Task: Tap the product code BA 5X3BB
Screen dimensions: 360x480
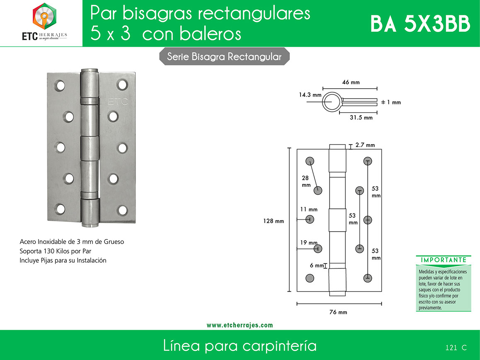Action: (x=420, y=24)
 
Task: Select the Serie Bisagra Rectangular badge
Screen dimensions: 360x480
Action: (x=224, y=57)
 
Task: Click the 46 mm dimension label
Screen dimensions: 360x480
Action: (x=351, y=82)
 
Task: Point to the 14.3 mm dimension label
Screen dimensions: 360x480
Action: (x=310, y=95)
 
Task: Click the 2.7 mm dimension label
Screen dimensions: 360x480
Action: (x=365, y=145)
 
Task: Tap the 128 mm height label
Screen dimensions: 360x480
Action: (x=274, y=221)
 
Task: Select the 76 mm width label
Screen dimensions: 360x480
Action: (x=338, y=312)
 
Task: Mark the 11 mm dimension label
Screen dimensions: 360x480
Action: (x=309, y=210)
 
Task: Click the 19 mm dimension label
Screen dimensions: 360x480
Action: (x=309, y=243)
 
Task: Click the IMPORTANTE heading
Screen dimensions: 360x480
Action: (x=443, y=260)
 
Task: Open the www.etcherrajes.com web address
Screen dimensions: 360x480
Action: (x=240, y=325)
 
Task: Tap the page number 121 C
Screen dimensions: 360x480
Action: (x=456, y=348)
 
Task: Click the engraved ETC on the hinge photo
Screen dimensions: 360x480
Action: (x=118, y=101)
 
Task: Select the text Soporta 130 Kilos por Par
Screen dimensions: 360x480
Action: (x=55, y=251)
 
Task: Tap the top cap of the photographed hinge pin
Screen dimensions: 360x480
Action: (x=90, y=70)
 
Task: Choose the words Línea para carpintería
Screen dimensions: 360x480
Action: (x=240, y=346)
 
